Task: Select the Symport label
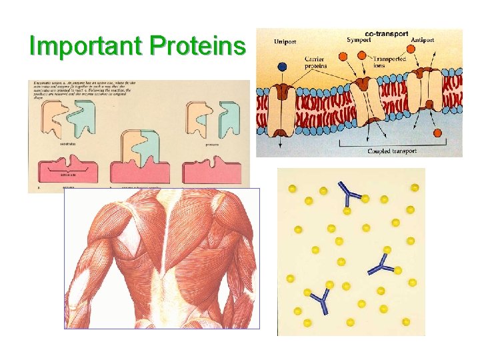point(359,40)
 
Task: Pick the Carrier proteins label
point(316,62)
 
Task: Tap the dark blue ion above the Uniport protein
point(283,67)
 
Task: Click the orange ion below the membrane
point(438,133)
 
